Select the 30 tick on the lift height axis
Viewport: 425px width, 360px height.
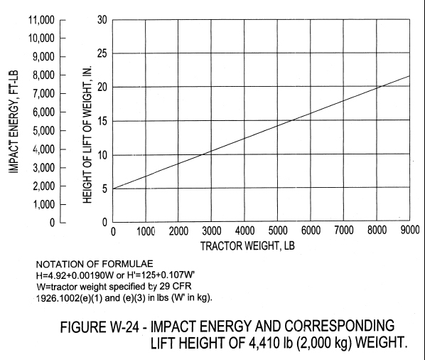(102, 19)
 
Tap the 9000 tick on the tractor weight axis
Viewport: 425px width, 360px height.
(409, 231)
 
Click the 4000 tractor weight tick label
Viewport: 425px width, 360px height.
(244, 231)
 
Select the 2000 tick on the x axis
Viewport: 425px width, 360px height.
(178, 231)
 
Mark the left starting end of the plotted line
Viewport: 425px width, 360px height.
(113, 189)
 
